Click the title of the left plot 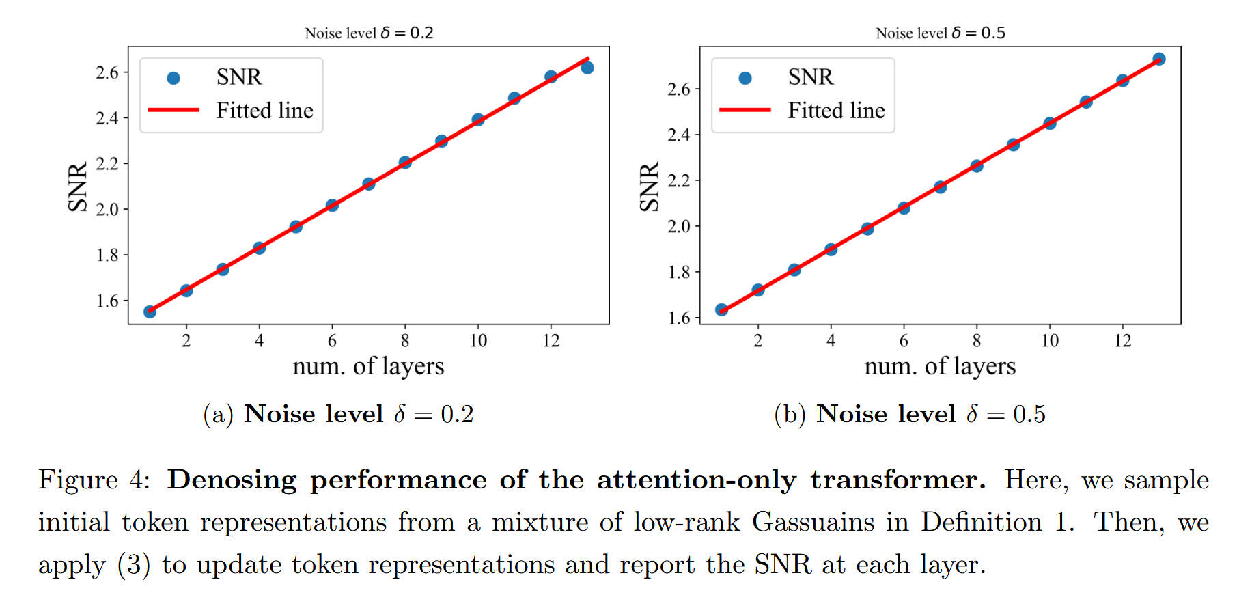coord(369,33)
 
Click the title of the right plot coord(941,33)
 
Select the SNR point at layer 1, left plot coord(150,312)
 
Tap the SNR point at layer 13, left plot coord(587,68)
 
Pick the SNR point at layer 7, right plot coord(941,186)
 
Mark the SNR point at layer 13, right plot coord(1159,59)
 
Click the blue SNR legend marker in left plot coord(173,78)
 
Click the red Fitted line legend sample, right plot coord(745,109)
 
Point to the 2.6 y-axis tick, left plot coord(107,72)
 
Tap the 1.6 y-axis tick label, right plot coord(679,318)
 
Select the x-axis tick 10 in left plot coord(478,340)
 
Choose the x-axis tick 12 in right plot coord(1123,340)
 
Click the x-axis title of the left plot coord(368,366)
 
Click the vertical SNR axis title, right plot coord(649,186)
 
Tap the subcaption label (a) coord(219,414)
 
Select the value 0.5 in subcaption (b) coord(1029,414)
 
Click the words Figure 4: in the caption coord(94,480)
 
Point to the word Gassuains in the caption coord(813,522)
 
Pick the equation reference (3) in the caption coord(133,564)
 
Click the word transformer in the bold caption coord(898,480)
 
